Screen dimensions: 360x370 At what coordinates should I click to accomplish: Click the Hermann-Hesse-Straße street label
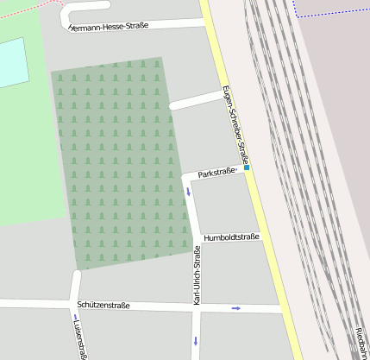pos(109,26)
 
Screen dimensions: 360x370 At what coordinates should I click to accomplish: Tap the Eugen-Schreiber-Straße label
pos(235,125)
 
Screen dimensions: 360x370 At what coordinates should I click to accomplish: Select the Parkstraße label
pos(216,174)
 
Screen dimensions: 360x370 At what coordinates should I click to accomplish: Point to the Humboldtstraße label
pos(231,237)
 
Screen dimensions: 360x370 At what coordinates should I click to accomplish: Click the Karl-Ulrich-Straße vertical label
pos(197,275)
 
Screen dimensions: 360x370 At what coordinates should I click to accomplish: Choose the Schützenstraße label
pos(103,306)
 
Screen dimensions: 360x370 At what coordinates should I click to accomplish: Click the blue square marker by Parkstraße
pos(247,167)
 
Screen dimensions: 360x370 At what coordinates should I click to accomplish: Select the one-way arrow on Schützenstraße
pos(235,308)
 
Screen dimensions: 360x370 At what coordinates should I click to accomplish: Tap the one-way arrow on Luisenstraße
pos(75,325)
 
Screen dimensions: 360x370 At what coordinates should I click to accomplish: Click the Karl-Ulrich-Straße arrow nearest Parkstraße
pos(189,190)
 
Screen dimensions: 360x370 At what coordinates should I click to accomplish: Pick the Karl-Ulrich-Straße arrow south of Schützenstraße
pos(196,340)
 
